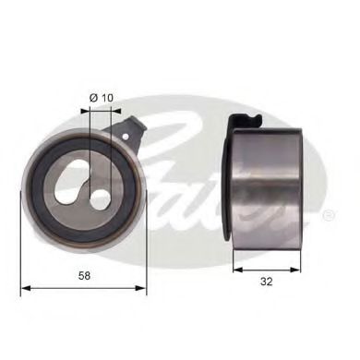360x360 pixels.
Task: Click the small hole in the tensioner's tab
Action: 127,134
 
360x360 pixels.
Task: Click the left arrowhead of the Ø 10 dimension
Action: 83,110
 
